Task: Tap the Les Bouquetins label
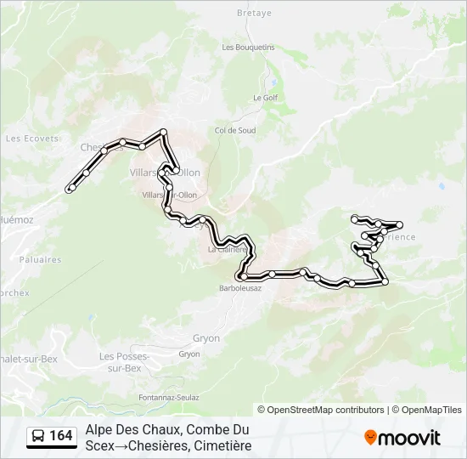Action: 248,48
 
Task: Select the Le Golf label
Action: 265,98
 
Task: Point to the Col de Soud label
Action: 235,130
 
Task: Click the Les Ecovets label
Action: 32,139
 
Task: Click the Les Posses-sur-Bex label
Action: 120,362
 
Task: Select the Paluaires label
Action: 39,259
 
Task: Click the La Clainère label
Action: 227,250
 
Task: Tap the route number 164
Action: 61,436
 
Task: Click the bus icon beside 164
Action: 38,436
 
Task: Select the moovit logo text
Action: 410,439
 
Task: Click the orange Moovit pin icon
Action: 370,438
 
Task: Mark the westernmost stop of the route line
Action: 70,189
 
